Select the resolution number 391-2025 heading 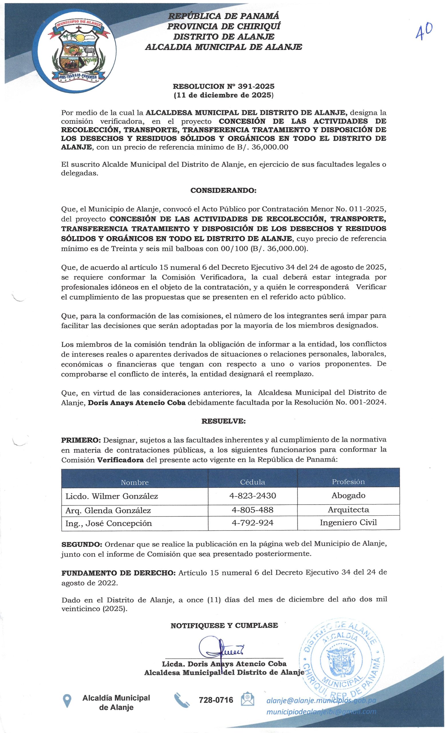pos(223,86)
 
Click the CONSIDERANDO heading pos(223,190)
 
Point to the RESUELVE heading pos(223,421)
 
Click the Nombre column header pos(135,482)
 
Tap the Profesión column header pos(348,482)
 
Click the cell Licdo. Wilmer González pos(112,496)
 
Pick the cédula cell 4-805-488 pos(253,510)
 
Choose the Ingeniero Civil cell pos(348,523)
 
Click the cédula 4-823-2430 pos(253,496)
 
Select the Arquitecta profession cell pos(348,510)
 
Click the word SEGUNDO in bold pos(82,544)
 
